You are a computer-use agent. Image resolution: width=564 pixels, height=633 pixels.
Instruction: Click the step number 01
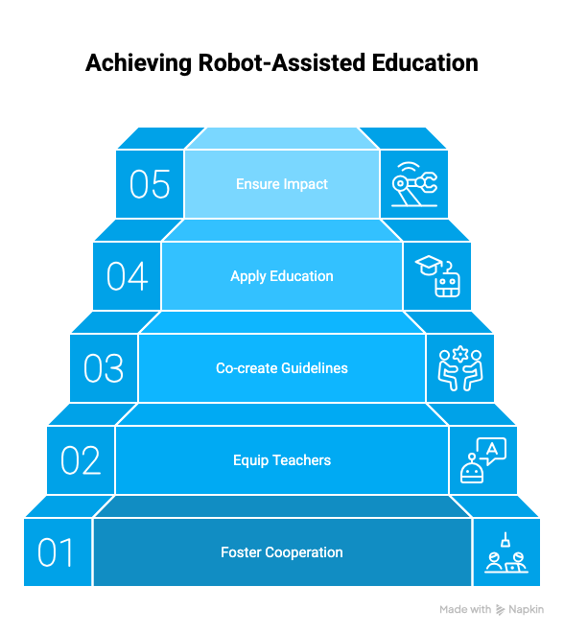(56, 552)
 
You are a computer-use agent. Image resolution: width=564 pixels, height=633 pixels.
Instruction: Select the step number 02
(81, 460)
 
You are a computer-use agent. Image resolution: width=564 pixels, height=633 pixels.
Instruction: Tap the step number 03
(104, 368)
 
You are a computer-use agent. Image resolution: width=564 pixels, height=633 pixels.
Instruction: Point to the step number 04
(127, 276)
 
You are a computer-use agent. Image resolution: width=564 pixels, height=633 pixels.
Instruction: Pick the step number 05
(150, 184)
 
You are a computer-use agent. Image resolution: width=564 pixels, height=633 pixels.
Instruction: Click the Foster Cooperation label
(282, 552)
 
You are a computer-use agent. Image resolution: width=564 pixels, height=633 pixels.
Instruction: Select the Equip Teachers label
(282, 460)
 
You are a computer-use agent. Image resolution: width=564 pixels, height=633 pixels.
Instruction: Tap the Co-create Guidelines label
(282, 368)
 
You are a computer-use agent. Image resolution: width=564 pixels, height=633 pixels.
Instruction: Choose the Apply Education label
(282, 276)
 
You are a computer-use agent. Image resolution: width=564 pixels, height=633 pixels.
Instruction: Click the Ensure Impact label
(282, 184)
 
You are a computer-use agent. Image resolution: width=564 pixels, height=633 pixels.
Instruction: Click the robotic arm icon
(414, 184)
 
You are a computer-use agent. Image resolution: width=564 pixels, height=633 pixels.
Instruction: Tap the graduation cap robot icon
(437, 276)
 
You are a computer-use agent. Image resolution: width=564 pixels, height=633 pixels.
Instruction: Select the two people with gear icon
(460, 368)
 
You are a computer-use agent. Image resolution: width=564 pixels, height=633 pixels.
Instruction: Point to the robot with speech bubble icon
(483, 460)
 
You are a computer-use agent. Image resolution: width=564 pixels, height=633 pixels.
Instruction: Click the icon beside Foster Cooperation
(506, 552)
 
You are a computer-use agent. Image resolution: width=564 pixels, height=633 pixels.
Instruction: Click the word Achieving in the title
(138, 63)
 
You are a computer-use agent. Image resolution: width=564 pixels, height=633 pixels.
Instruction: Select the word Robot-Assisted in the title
(281, 63)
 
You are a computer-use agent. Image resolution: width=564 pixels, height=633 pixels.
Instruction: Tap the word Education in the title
(425, 63)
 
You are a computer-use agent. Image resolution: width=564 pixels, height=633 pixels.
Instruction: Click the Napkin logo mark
(500, 610)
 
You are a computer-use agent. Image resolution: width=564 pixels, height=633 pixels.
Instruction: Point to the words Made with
(465, 609)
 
